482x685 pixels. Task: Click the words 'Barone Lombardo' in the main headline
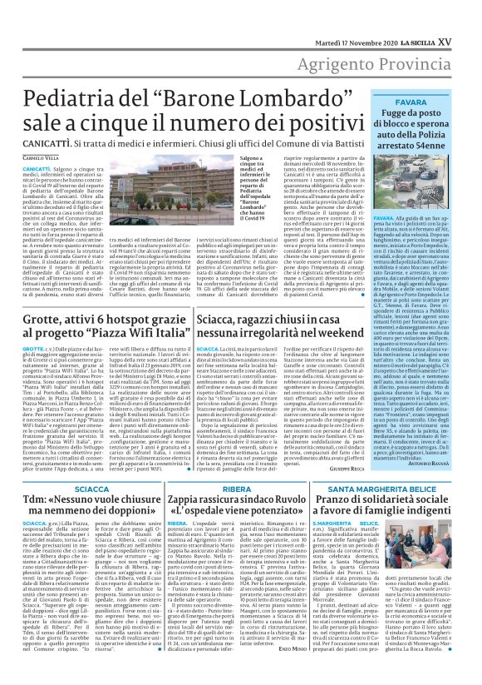coord(231,85)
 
